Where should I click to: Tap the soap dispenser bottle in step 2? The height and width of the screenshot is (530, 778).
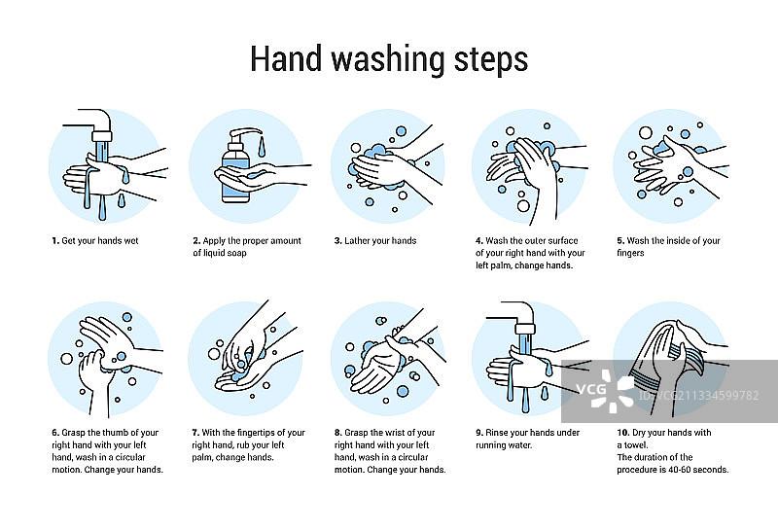tap(235, 171)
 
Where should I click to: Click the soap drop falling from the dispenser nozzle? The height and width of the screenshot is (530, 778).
tap(262, 147)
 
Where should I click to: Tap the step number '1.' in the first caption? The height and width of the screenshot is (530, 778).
tap(55, 240)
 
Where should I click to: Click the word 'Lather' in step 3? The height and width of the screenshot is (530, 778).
tap(357, 240)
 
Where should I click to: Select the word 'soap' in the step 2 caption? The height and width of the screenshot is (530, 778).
tap(236, 253)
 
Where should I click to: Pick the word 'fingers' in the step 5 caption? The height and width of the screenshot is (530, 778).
tap(630, 253)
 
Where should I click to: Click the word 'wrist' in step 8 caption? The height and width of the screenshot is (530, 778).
tap(398, 433)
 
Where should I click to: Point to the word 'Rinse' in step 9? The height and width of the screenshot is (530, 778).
tap(497, 433)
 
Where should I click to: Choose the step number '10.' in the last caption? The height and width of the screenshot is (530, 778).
tap(623, 433)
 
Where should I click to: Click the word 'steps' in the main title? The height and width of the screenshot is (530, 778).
tap(491, 60)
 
